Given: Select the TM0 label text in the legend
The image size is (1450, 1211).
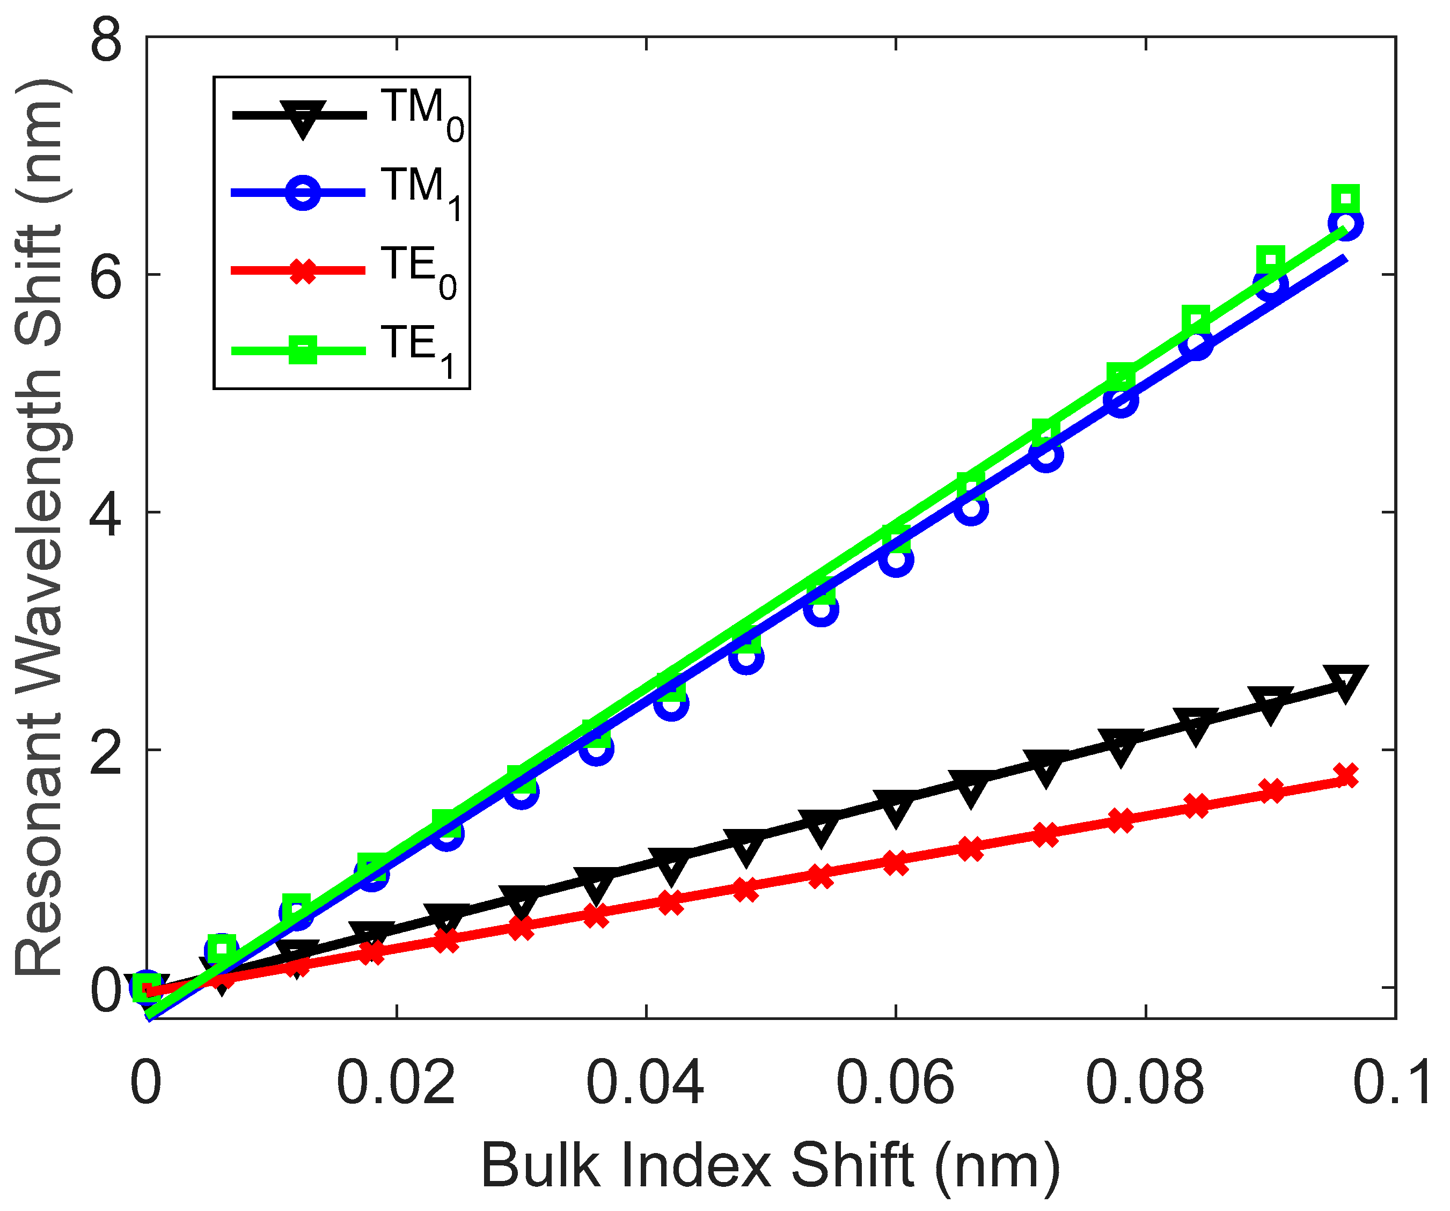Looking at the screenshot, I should click(x=422, y=114).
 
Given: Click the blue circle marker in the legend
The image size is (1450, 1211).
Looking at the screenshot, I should click(x=303, y=193).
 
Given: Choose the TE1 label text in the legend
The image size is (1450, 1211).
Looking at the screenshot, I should click(x=418, y=349).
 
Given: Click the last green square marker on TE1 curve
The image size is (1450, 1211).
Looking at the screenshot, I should click(x=1345, y=200).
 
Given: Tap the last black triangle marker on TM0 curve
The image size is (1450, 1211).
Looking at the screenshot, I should click(x=1345, y=683).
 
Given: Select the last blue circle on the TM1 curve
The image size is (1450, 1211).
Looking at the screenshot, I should click(x=1345, y=224).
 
